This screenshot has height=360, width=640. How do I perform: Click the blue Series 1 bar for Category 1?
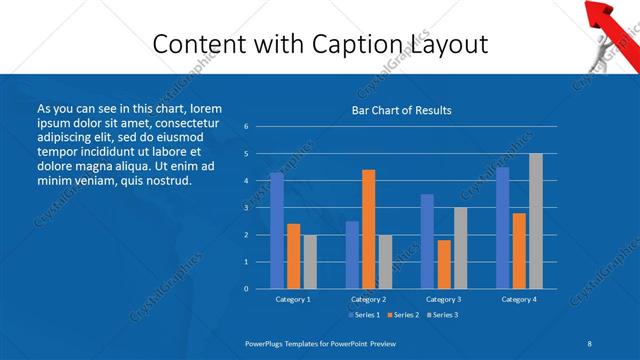(x=277, y=231)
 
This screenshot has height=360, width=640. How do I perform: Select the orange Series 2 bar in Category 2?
(x=369, y=229)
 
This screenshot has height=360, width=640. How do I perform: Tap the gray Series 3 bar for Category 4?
(x=536, y=221)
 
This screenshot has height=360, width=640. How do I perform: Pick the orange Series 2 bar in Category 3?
(x=444, y=264)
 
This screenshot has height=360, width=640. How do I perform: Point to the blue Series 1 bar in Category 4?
(x=502, y=228)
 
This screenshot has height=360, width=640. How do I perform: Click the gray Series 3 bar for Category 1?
(x=311, y=262)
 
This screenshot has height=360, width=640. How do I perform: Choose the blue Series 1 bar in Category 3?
(x=427, y=241)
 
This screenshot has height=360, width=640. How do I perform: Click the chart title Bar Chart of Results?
(x=401, y=110)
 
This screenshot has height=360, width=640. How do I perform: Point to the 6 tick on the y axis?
(x=246, y=127)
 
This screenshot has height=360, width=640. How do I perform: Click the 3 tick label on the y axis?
(x=246, y=208)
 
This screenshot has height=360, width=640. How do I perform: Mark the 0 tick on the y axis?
(x=246, y=289)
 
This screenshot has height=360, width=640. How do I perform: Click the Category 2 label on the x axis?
(x=368, y=299)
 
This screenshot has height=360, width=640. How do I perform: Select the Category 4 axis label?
(x=518, y=299)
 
